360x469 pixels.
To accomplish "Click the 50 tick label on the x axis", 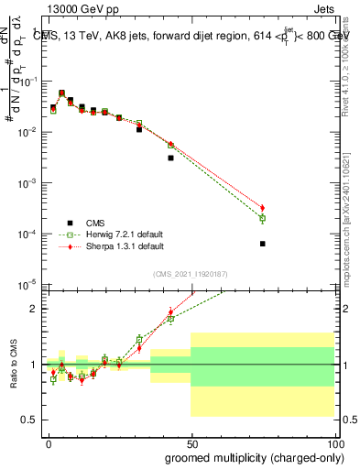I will coord(191,442).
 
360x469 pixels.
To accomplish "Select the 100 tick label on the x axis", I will coord(333,442).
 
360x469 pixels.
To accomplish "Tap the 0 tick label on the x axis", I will coord(48,442).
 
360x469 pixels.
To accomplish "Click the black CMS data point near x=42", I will coord(170,158).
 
